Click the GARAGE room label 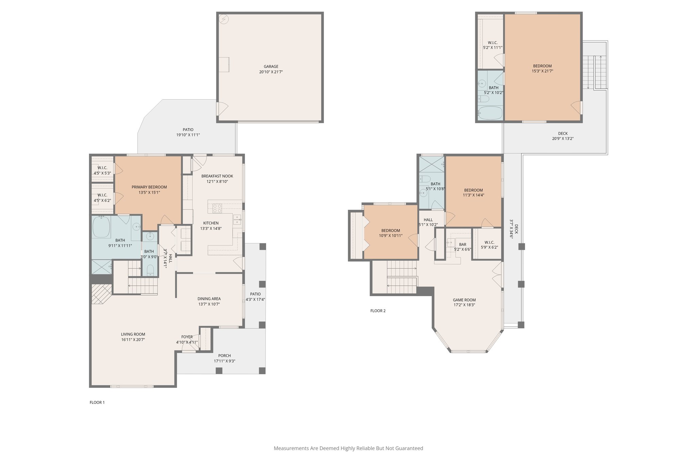[271, 67]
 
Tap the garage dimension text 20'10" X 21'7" [271, 72]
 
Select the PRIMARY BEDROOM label [149, 187]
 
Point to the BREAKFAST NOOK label [217, 176]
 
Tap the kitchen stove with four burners [217, 208]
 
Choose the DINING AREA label [209, 299]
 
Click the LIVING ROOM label [133, 334]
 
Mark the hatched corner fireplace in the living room [101, 294]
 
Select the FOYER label [187, 337]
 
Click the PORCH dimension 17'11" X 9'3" [225, 361]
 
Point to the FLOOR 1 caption [97, 402]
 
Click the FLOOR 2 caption [378, 311]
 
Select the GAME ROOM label [464, 300]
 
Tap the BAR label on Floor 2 [463, 244]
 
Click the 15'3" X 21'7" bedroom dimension [542, 71]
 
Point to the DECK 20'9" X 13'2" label [563, 136]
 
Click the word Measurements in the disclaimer [291, 448]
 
